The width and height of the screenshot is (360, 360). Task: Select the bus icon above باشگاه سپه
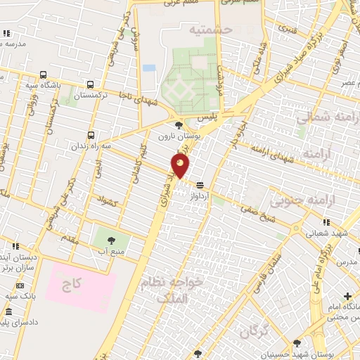pyautogui.click(x=44, y=75)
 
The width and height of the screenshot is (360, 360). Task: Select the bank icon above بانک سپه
pyautogui.click(x=19, y=285)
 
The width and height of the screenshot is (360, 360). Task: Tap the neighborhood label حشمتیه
pyautogui.click(x=210, y=30)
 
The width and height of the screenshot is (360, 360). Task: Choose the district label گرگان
pyautogui.click(x=255, y=331)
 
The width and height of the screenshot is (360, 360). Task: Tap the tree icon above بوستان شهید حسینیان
pyautogui.click(x=297, y=342)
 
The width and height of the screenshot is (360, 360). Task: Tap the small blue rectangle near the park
pyautogui.click(x=149, y=68)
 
